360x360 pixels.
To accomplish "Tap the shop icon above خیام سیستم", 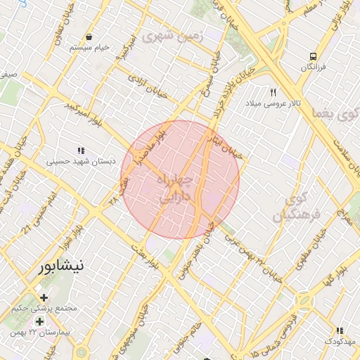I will tap(89, 37).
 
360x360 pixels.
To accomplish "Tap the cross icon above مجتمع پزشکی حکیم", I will tap(46, 297).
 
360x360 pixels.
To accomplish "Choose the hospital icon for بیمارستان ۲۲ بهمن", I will tap(39, 321).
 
